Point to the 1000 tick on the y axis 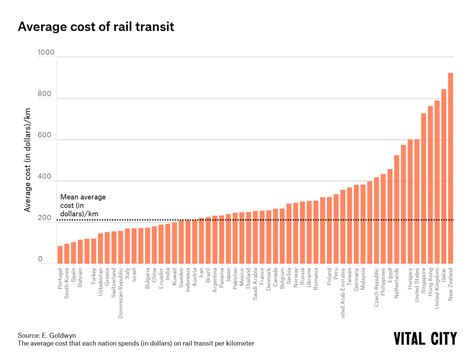click(x=46, y=61)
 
